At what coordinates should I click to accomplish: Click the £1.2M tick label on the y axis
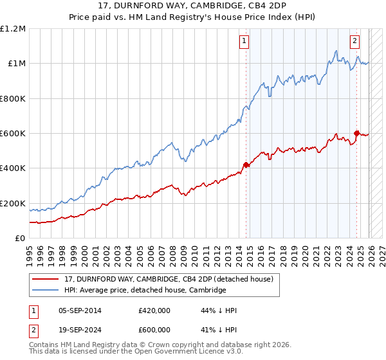coord(13,29)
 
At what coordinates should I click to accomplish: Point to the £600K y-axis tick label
coord(13,134)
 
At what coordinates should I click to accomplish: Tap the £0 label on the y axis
coord(21,239)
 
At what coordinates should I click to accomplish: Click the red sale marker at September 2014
coord(246,165)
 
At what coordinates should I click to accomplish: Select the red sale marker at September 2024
coord(355,133)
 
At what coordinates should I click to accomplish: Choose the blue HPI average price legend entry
coord(145,291)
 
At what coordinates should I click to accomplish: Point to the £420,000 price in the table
coord(154,310)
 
